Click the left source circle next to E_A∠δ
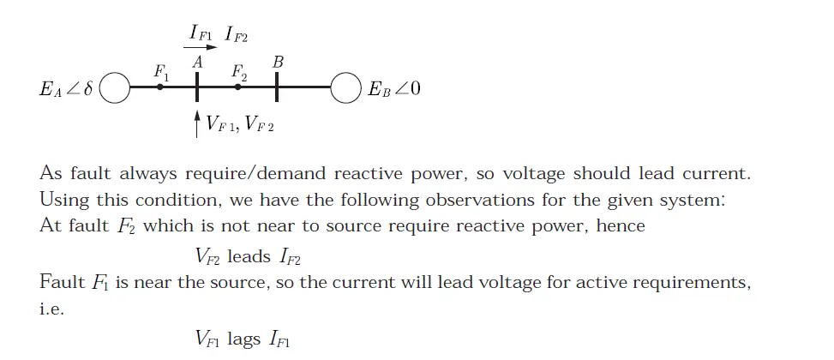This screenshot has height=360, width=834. [115, 87]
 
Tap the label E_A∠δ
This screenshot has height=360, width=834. [66, 88]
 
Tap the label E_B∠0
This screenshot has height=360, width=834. [393, 88]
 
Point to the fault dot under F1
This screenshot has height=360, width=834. [160, 87]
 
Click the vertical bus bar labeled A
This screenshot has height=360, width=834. [197, 86]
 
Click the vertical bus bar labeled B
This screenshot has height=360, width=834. [277, 86]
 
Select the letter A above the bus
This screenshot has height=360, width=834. [197, 62]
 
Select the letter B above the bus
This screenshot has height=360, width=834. [277, 62]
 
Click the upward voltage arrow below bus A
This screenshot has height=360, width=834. [198, 122]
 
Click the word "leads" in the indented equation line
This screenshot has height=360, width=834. [249, 255]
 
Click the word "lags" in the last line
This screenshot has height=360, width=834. [244, 339]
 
